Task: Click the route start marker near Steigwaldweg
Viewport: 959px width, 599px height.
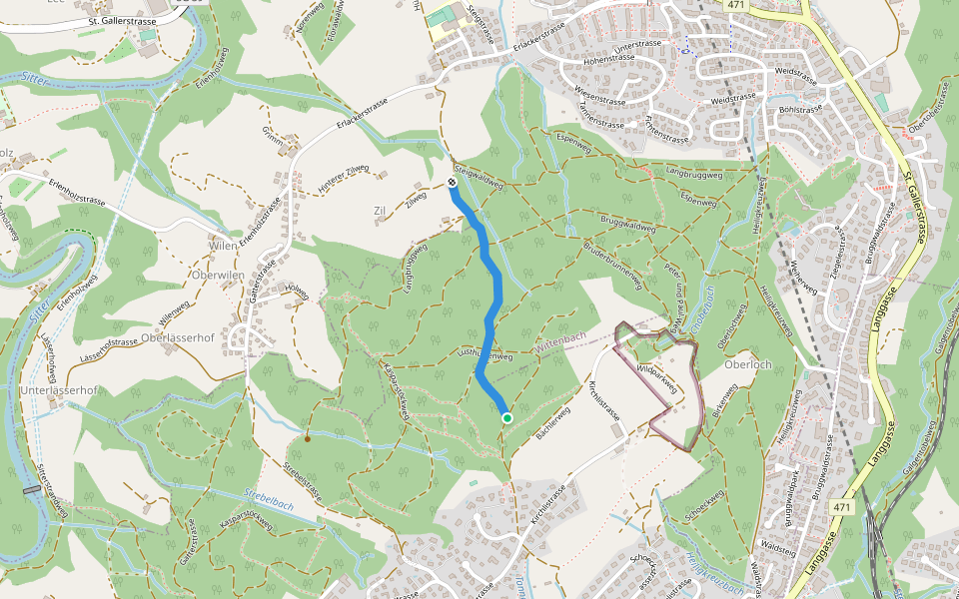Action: (452, 182)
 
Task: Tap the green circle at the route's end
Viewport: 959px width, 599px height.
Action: (507, 418)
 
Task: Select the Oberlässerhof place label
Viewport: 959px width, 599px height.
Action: (178, 337)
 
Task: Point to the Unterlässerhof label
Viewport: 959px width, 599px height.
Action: (57, 390)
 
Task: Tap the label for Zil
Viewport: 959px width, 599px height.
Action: (379, 212)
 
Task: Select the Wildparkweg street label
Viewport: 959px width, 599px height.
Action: (658, 381)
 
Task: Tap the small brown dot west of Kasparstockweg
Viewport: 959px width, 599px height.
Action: (308, 438)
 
